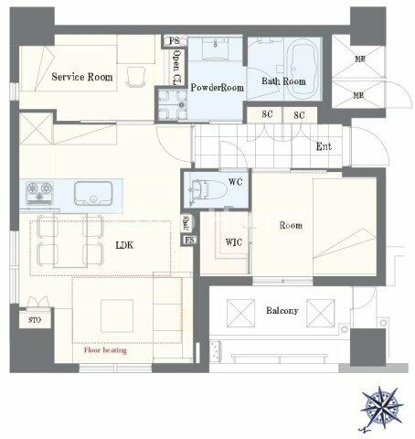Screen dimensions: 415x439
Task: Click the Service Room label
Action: pyautogui.click(x=82, y=77)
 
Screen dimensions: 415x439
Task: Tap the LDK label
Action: pyautogui.click(x=124, y=245)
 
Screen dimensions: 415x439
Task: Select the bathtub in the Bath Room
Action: pyautogui.click(x=303, y=70)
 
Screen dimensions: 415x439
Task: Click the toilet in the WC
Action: pyautogui.click(x=209, y=189)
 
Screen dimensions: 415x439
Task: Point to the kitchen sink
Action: pyautogui.click(x=93, y=193)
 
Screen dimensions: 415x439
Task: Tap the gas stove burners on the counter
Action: pyautogui.click(x=39, y=193)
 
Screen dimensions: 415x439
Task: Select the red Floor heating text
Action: pyautogui.click(x=105, y=350)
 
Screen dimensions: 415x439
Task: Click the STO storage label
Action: pyautogui.click(x=35, y=320)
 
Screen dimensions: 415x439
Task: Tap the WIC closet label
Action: pyautogui.click(x=234, y=242)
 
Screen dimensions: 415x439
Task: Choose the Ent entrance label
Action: pyautogui.click(x=324, y=146)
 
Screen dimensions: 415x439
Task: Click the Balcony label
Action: pyautogui.click(x=282, y=311)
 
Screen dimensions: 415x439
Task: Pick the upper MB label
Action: pyautogui.click(x=360, y=59)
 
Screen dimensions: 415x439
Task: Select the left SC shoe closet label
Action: pyautogui.click(x=267, y=114)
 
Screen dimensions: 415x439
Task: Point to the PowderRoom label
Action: pyautogui.click(x=217, y=88)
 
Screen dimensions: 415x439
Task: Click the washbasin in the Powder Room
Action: pyautogui.click(x=216, y=48)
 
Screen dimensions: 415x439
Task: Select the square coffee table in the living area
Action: pyautogui.click(x=117, y=316)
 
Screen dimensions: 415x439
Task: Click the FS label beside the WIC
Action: pyautogui.click(x=189, y=240)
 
